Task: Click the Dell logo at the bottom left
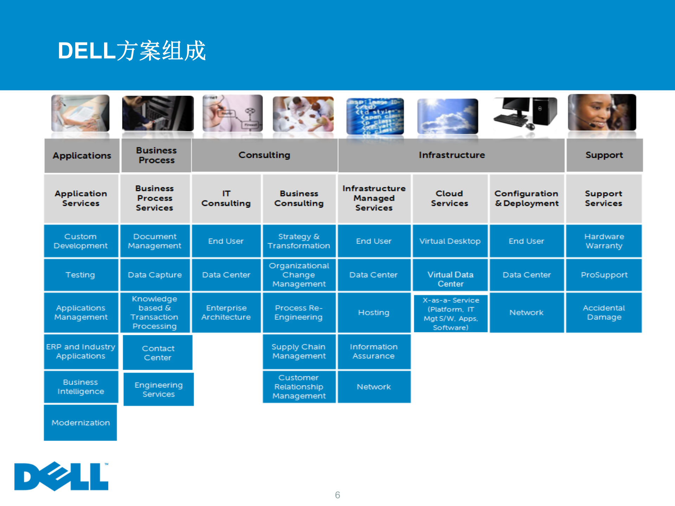coord(61,476)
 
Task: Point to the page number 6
coord(337,495)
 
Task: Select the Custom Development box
coord(81,241)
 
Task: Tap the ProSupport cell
coord(604,275)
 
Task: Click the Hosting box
coord(374,312)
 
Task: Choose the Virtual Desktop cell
coord(450,241)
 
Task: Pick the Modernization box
coord(81,423)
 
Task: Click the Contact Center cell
coord(158,353)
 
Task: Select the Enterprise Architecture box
coord(226,312)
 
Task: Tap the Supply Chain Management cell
coord(299,351)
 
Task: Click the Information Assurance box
coord(374,351)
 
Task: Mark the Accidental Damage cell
coord(604,312)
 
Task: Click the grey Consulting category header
coord(264,155)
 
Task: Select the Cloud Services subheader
coord(450,199)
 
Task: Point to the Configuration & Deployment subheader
coord(527,199)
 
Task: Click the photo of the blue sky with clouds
coord(448,116)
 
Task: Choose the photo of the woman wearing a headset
coord(602,112)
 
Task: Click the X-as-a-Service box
coord(451,314)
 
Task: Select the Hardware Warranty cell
coord(604,241)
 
